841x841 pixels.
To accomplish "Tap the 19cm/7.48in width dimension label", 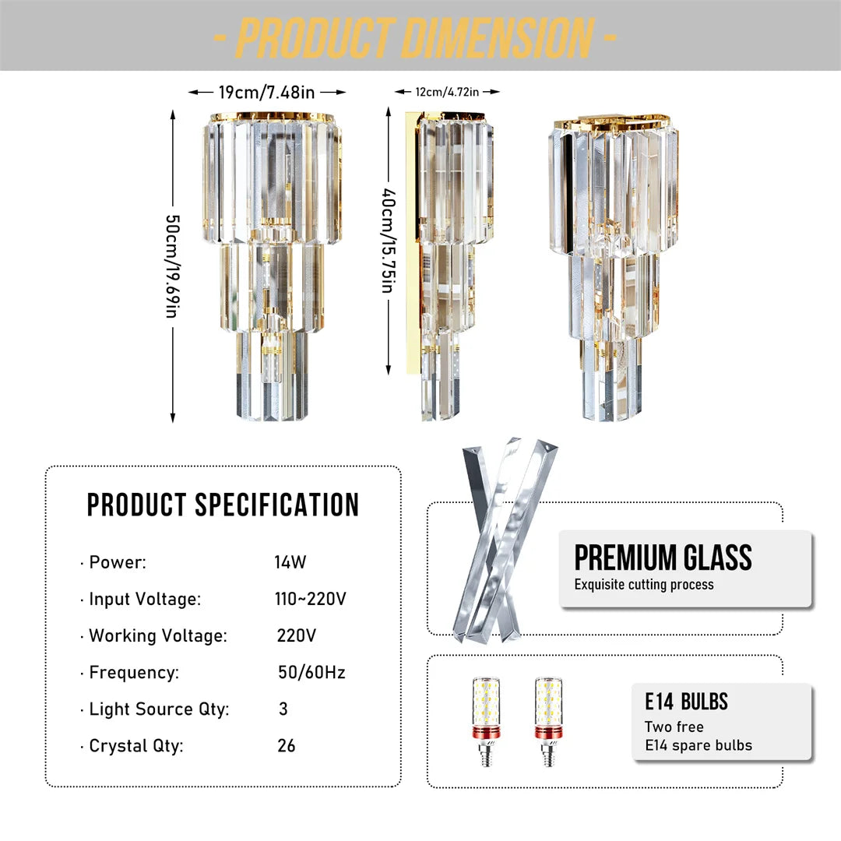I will click(x=266, y=93).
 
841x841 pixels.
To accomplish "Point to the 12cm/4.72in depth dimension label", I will click(x=447, y=92).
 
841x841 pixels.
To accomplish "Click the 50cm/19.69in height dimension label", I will click(x=172, y=266).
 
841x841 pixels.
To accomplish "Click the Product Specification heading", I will click(x=223, y=505).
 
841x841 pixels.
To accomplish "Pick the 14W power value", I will click(x=285, y=562).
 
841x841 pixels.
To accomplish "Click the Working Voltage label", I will click(x=158, y=635).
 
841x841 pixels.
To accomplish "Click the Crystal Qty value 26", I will click(x=287, y=746).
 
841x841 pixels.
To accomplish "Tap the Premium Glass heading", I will click(x=663, y=558).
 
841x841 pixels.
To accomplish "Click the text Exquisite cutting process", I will click(x=644, y=585).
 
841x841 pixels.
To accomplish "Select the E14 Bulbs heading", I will click(x=686, y=702).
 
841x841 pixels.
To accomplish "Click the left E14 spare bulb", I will click(x=486, y=720).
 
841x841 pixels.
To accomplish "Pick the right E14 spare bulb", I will click(x=548, y=720).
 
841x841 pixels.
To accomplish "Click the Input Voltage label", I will click(x=145, y=600).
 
